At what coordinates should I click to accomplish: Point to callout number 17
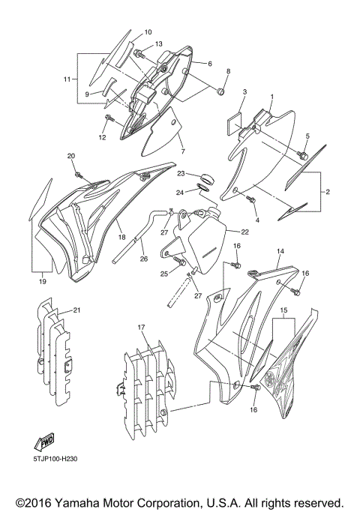[x=141, y=328]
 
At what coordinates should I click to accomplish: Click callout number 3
[x=244, y=92]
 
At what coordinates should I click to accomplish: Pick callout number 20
[x=71, y=156]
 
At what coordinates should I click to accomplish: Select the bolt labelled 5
[x=304, y=154]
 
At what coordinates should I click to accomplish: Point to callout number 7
[x=182, y=151]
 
